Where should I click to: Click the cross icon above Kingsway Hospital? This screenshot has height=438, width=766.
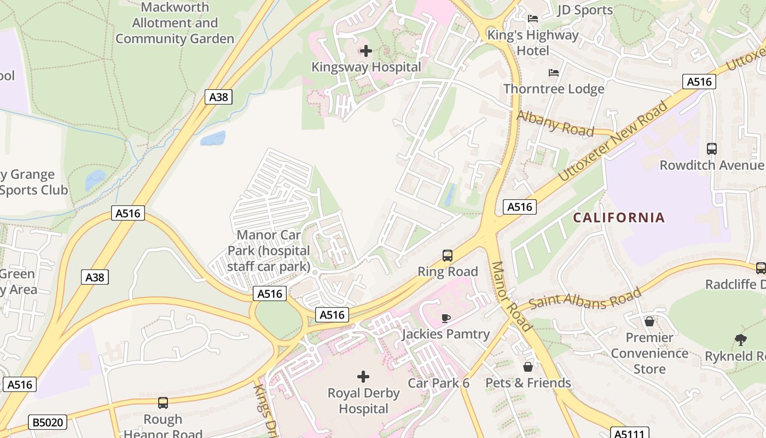(365, 51)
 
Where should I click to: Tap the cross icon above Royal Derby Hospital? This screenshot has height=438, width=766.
(363, 377)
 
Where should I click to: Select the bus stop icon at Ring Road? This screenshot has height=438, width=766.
(448, 255)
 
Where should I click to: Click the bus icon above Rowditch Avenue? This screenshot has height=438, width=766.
(711, 148)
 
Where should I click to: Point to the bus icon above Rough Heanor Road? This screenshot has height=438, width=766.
(163, 403)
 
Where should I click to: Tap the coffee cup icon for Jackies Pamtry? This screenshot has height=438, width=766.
(446, 318)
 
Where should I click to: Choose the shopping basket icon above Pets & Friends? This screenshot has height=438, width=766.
(528, 366)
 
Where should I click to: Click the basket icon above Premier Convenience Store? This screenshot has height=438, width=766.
(649, 321)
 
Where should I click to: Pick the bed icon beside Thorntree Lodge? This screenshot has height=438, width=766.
(554, 73)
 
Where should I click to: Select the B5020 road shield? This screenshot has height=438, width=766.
(48, 422)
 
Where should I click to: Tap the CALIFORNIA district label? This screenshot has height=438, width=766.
(619, 217)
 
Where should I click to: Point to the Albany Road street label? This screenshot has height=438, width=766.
(555, 124)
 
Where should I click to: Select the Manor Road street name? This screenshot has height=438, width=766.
(511, 296)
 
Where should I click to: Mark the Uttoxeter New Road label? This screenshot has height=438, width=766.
(613, 141)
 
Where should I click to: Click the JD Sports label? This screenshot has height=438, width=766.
(585, 10)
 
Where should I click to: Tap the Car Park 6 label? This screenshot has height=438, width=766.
(438, 383)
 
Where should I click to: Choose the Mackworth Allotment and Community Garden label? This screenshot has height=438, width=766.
(175, 23)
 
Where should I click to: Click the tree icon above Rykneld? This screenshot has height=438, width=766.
(740, 340)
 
